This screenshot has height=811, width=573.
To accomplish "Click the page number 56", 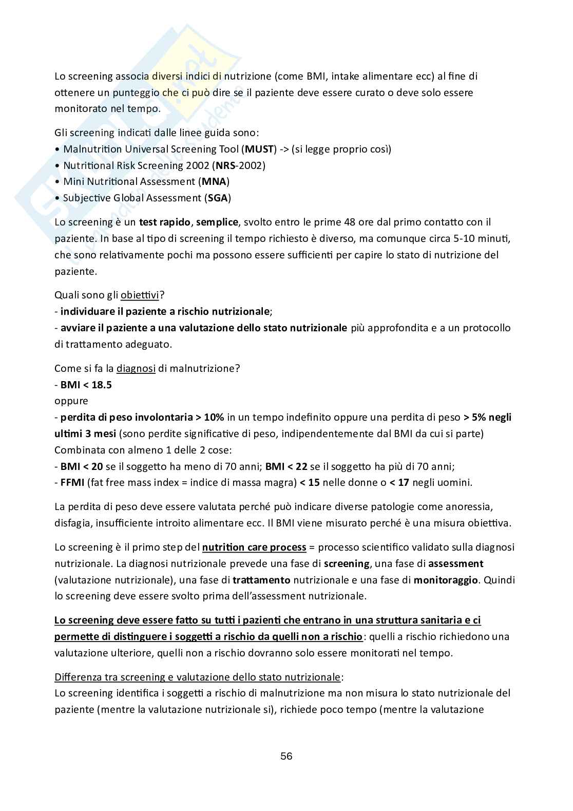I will (286, 756).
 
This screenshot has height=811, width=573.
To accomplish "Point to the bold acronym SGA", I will (218, 198).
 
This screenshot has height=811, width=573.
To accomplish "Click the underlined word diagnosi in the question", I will (136, 368).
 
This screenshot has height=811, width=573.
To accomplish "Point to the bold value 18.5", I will (101, 385).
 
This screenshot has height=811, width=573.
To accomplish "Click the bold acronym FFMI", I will (72, 482).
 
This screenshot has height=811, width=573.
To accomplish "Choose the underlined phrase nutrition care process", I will (254, 547).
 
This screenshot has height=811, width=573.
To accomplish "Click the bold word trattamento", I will (261, 580).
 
